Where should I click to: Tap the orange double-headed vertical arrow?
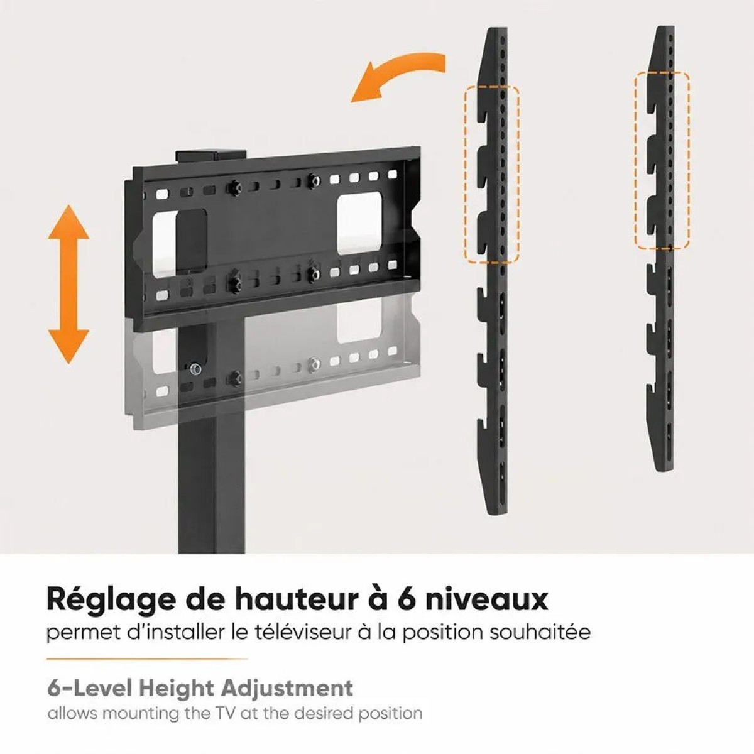[68, 284]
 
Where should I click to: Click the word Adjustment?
[287, 700]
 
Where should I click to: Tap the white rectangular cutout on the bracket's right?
[359, 224]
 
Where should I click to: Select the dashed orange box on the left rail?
[492, 174]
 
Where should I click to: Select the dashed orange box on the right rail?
[662, 160]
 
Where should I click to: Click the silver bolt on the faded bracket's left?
[194, 368]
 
